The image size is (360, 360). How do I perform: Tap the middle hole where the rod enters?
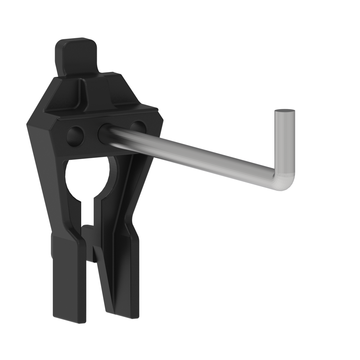(104, 132)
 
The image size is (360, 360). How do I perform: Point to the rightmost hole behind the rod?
(137, 126)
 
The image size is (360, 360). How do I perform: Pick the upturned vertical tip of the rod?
(284, 144)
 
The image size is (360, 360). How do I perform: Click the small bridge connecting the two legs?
(90, 238)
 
